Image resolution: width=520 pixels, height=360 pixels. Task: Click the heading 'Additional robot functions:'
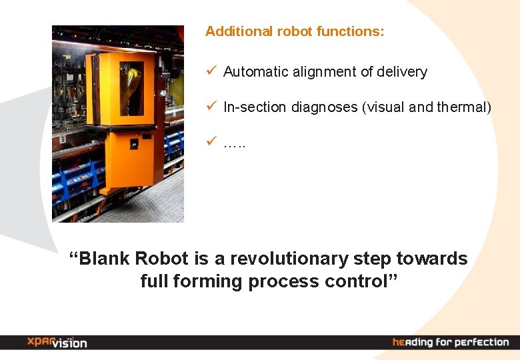294,31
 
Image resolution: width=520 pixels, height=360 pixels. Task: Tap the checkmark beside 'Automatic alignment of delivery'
210,70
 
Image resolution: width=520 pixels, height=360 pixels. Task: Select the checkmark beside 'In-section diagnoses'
210,105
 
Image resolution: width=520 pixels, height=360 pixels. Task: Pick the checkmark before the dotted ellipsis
210,140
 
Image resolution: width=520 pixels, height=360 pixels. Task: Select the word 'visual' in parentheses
383,107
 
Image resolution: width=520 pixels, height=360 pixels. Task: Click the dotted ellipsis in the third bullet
235,143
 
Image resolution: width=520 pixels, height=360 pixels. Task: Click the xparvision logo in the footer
57,342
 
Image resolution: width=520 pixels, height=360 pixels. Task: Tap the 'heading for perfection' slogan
451,342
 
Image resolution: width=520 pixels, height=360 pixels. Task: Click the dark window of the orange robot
131,88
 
